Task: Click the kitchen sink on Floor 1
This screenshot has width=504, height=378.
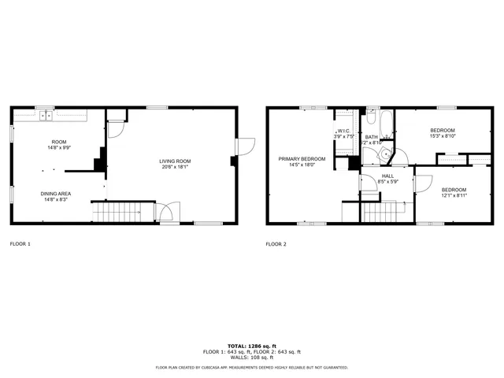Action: [x=46, y=116]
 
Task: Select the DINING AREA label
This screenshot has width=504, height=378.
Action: [x=56, y=193]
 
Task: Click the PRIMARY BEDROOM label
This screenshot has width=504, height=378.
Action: [x=297, y=158]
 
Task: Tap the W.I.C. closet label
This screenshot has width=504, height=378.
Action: [x=343, y=132]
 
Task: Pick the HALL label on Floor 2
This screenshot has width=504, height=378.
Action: [x=388, y=176]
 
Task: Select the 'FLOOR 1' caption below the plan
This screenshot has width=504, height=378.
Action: [x=20, y=244]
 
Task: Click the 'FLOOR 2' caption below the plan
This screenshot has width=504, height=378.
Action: [x=276, y=244]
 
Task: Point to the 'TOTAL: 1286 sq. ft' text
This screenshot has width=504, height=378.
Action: [x=252, y=346]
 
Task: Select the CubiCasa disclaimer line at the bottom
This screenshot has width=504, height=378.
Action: [x=252, y=367]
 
